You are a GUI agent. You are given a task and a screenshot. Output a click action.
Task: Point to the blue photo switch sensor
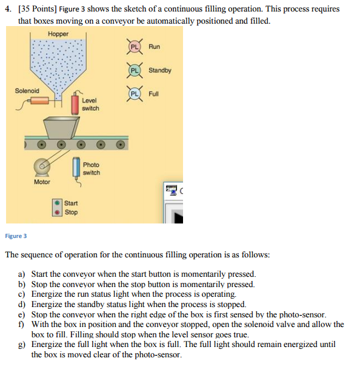[x=76, y=167]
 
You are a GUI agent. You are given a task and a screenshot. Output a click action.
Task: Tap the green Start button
[x=57, y=203]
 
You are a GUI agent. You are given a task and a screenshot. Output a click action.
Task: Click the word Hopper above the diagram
[x=58, y=34]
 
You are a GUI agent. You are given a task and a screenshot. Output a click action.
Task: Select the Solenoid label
[x=27, y=91]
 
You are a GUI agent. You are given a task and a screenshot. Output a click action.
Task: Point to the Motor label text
[x=42, y=182]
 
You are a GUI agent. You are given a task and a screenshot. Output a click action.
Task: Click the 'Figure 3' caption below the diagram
[x=16, y=236]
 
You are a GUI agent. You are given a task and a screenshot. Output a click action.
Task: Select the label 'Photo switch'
[x=92, y=168]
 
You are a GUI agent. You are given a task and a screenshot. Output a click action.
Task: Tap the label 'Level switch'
[x=90, y=104]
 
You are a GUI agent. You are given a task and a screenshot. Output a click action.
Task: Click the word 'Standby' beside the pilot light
[x=160, y=70]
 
